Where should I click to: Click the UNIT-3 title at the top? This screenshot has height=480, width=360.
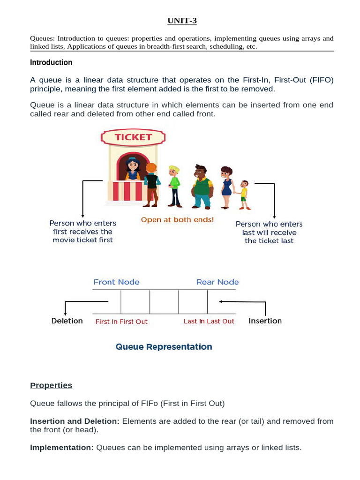point(181,21)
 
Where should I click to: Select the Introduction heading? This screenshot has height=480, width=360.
point(51,62)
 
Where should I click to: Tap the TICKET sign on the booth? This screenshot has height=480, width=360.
point(134,137)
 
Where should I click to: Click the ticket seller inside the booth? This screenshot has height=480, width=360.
point(132,168)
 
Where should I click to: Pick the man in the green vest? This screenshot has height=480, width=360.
point(202,187)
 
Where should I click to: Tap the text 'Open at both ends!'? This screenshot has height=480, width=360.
point(177,220)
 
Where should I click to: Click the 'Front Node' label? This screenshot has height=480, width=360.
point(116,282)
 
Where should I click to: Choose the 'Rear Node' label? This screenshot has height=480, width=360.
point(217,282)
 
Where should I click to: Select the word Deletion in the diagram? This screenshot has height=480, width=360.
point(67,321)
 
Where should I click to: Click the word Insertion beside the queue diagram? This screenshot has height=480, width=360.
point(265,321)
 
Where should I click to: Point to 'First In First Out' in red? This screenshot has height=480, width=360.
point(121,322)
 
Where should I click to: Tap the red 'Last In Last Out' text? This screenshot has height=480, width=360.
point(209,321)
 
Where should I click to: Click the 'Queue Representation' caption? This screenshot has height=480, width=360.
point(164,347)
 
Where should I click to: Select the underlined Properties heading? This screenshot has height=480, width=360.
point(51,385)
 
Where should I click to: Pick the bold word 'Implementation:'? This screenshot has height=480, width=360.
point(62,448)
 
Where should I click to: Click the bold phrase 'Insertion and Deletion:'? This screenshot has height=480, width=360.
point(75,421)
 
